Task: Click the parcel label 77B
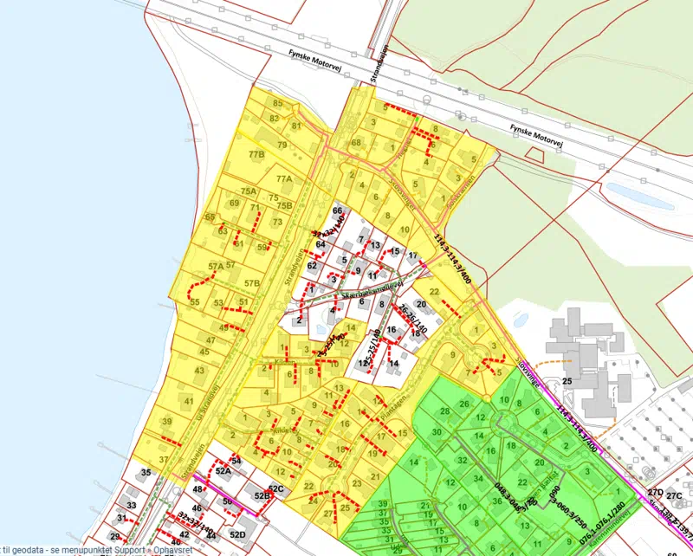tap(256, 155)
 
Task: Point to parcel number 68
tap(355, 142)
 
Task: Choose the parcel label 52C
tap(275, 489)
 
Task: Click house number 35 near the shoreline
tap(146, 472)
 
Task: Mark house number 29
tap(115, 537)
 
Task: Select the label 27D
tap(654, 493)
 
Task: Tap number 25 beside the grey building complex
tap(567, 381)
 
